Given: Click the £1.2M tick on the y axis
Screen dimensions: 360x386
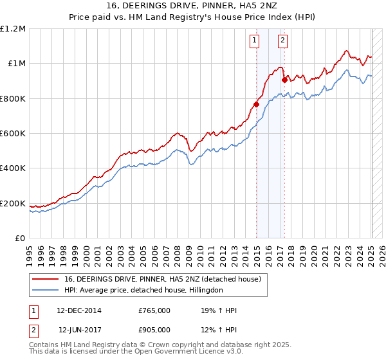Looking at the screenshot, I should coord(13,29).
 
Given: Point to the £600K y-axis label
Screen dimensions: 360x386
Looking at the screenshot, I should coord(13,134).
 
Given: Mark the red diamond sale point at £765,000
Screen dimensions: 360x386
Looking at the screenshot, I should coord(256,104).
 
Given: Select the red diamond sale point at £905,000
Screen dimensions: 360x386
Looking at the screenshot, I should coord(284,80).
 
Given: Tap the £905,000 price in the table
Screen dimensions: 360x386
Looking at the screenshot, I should coord(154,329).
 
